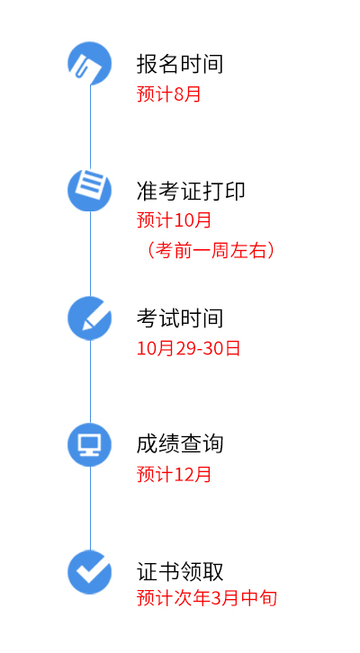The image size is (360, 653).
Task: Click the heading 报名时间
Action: [x=180, y=64]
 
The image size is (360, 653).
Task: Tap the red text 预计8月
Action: [x=169, y=94]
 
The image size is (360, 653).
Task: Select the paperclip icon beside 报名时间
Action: [x=90, y=63]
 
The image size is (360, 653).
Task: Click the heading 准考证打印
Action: [x=191, y=192]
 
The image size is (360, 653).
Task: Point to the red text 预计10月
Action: [x=175, y=219]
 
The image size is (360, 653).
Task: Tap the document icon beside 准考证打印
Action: [x=90, y=190]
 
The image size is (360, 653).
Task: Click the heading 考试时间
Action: [x=180, y=318]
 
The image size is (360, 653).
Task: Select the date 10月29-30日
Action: [x=188, y=348]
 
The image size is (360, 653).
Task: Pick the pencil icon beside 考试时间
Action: [x=90, y=318]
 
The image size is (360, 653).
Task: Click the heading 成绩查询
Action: [x=180, y=444]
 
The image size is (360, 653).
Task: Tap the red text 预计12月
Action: [x=175, y=474]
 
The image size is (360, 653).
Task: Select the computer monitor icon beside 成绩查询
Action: [x=90, y=444]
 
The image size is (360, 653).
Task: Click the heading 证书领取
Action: [x=180, y=571]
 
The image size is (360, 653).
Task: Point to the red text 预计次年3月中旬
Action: [x=207, y=598]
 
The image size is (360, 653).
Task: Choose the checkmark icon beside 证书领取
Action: [x=90, y=572]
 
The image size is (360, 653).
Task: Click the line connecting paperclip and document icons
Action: [x=90, y=127]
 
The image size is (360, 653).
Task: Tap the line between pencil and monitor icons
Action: [x=90, y=381]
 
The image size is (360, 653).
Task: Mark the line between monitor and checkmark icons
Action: [x=90, y=508]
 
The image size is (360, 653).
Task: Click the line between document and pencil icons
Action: [x=90, y=254]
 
